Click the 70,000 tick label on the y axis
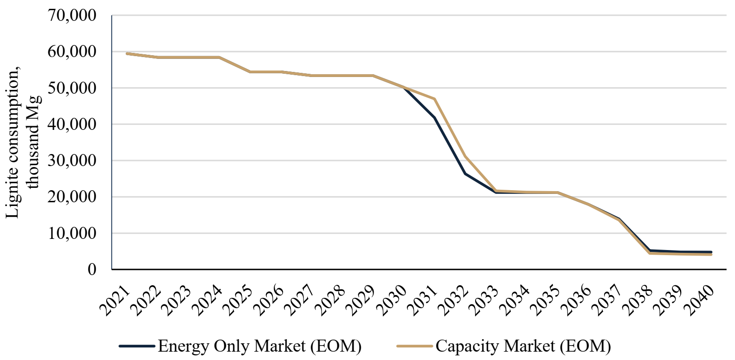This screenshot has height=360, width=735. (72, 15)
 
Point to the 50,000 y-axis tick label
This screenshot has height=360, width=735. (72, 88)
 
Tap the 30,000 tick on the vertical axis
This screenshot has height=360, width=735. (72, 161)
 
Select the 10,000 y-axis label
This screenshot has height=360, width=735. (72, 233)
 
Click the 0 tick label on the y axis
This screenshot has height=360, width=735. (92, 269)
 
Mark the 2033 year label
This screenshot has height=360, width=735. (484, 301)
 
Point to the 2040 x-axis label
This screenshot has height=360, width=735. (699, 301)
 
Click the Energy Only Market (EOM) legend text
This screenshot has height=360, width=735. (259, 346)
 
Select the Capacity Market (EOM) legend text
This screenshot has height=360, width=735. (523, 346)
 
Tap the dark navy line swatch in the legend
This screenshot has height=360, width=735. (137, 346)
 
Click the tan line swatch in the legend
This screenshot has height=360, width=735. (414, 346)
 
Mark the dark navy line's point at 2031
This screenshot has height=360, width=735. (435, 117)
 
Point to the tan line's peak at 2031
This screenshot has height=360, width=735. (435, 99)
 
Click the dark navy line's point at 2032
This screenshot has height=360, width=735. (465, 174)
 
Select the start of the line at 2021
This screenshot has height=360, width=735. (127, 53)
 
